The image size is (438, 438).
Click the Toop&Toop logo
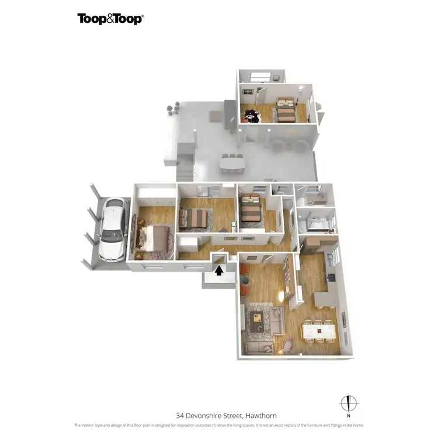[x=110, y=19]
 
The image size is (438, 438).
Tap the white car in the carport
[x=113, y=230]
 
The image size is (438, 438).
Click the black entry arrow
[x=220, y=269]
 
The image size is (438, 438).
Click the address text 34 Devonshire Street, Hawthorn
[x=218, y=416]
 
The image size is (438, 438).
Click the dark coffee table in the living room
[x=257, y=318]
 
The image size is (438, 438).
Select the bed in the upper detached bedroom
[x=287, y=111]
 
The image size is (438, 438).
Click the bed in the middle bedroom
[x=196, y=218]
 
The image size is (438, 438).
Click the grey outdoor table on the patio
[x=232, y=165]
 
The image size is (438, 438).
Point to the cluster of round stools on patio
[x=173, y=108]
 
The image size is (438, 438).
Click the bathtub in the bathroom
[x=313, y=223]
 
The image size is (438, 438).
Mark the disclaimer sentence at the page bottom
[x=218, y=425]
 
